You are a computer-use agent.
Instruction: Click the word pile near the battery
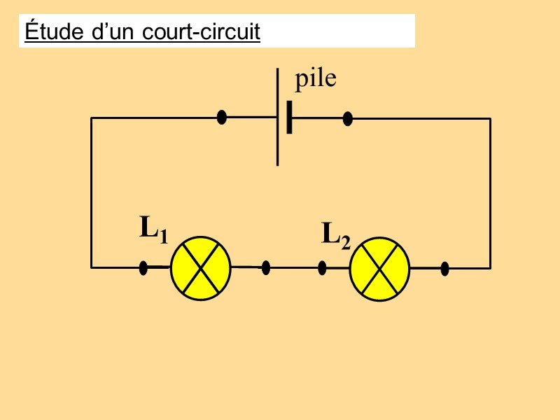pos(315,79)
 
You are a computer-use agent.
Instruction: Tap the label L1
pos(153,230)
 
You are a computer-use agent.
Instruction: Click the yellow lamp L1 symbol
pos(201,268)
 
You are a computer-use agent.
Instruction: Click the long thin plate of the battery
pos(278,117)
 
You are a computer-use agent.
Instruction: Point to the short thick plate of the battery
pos(289,118)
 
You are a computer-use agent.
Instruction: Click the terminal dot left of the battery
pos(222,117)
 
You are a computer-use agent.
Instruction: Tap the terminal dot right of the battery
pos(347,118)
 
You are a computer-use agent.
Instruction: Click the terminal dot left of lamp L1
pos(143,267)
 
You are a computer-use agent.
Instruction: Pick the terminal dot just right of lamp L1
pos(265,267)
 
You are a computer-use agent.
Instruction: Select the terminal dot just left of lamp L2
pos(322,267)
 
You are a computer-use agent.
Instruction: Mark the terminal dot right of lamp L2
pos(444,267)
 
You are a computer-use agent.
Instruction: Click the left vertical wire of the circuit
pos(91,192)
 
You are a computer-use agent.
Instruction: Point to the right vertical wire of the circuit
pos(490,192)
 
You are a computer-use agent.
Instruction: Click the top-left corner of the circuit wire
pos(91,118)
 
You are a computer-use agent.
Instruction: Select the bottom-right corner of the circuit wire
pos(490,267)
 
